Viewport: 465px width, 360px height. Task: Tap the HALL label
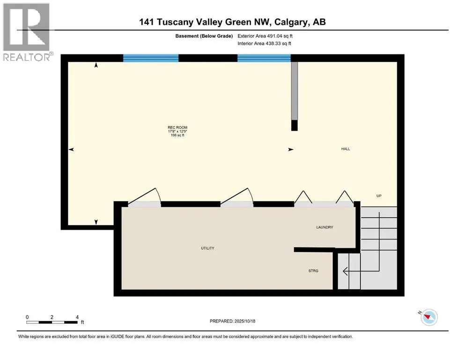pyautogui.click(x=346, y=149)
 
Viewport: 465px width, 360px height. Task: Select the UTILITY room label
pyautogui.click(x=207, y=248)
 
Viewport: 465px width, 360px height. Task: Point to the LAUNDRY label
pyautogui.click(x=324, y=227)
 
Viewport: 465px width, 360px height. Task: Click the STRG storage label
pyautogui.click(x=313, y=271)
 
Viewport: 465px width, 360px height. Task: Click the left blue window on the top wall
pyautogui.click(x=151, y=58)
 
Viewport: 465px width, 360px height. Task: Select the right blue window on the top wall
pyautogui.click(x=264, y=58)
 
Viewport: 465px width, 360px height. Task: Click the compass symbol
pyautogui.click(x=428, y=317)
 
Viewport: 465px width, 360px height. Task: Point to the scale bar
pyautogui.click(x=52, y=322)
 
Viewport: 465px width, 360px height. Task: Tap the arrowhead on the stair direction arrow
pyautogui.click(x=345, y=270)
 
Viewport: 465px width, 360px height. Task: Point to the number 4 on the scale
pyautogui.click(x=77, y=316)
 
